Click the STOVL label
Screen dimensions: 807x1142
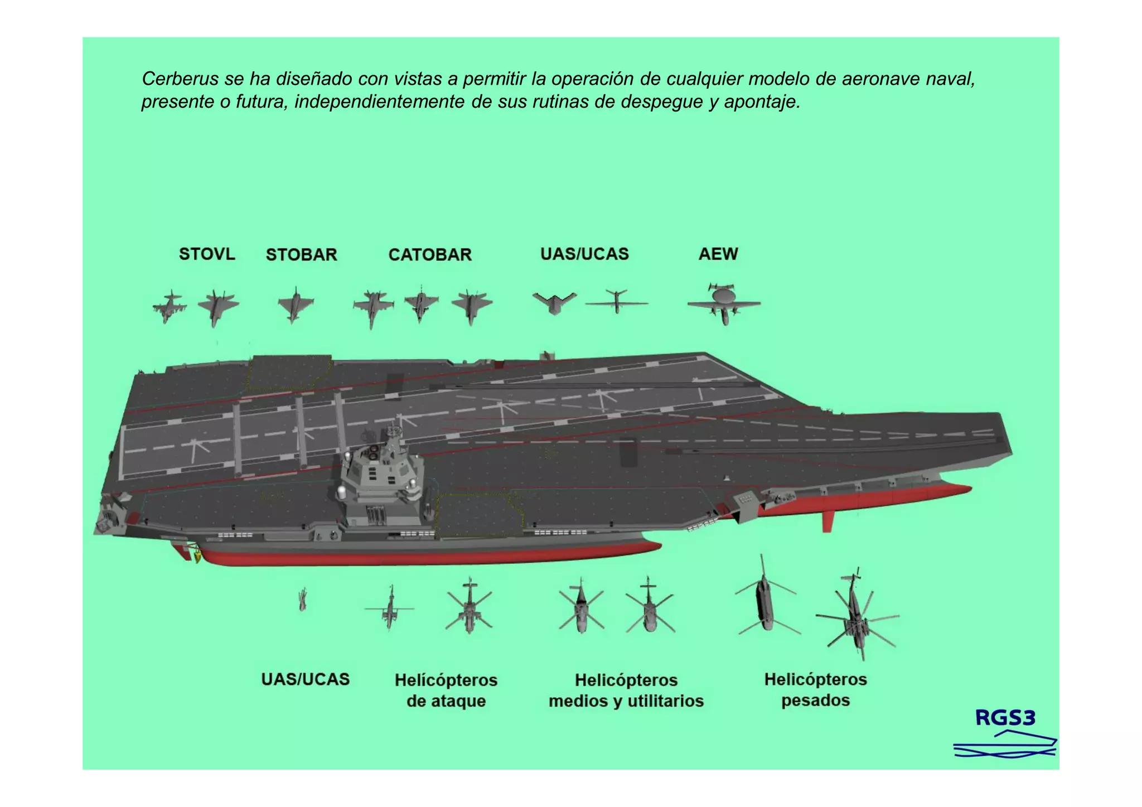pyautogui.click(x=207, y=254)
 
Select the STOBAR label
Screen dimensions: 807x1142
pyautogui.click(x=301, y=255)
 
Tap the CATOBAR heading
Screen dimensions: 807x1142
pyautogui.click(x=430, y=255)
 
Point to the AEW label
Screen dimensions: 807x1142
pyautogui.click(x=718, y=254)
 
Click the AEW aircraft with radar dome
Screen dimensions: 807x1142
pyautogui.click(x=724, y=304)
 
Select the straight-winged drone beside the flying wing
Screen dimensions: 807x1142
pyautogui.click(x=616, y=302)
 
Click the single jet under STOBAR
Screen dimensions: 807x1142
pyautogui.click(x=295, y=305)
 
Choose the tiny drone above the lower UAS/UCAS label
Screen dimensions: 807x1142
pyautogui.click(x=303, y=600)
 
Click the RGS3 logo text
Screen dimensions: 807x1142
pyautogui.click(x=1005, y=718)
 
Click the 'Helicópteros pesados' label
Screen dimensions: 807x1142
pyautogui.click(x=815, y=690)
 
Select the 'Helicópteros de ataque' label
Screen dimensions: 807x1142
pyautogui.click(x=446, y=690)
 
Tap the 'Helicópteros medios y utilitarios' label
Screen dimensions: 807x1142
pyautogui.click(x=626, y=690)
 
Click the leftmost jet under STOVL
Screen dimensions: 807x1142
pyautogui.click(x=169, y=306)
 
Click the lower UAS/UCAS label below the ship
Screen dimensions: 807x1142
pyautogui.click(x=306, y=679)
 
